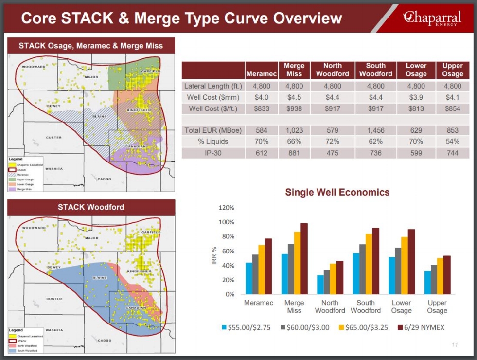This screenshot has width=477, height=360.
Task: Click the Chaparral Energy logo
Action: pyautogui.click(x=432, y=18)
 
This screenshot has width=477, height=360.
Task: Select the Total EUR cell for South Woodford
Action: pyautogui.click(x=375, y=130)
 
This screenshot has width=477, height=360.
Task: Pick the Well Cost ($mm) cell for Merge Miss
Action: pyautogui.click(x=294, y=97)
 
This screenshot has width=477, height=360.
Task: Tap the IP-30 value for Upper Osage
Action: pyautogui.click(x=452, y=153)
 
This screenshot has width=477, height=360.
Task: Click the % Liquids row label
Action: pyautogui.click(x=213, y=142)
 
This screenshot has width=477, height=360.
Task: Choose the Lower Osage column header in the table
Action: pyautogui.click(x=416, y=70)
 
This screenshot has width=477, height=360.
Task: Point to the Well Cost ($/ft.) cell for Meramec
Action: pyautogui.click(x=262, y=109)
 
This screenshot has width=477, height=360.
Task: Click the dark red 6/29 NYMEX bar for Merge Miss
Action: pyautogui.click(x=304, y=259)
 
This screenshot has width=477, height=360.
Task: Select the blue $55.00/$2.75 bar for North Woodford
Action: pyautogui.click(x=320, y=285)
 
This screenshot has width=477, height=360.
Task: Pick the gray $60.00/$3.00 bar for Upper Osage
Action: pyautogui.click(x=434, y=280)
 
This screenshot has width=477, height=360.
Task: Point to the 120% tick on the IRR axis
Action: pyautogui.click(x=227, y=208)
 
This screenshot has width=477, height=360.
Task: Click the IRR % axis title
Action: pyautogui.click(x=213, y=256)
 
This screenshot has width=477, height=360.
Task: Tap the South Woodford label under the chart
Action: pyautogui.click(x=365, y=306)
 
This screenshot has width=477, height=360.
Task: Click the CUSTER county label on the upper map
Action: pyautogui.click(x=53, y=138)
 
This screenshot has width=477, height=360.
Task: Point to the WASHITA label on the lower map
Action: pyautogui.click(x=55, y=330)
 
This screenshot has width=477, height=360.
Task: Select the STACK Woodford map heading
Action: pyautogui.click(x=91, y=207)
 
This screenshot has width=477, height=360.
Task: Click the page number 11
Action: pyautogui.click(x=455, y=345)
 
